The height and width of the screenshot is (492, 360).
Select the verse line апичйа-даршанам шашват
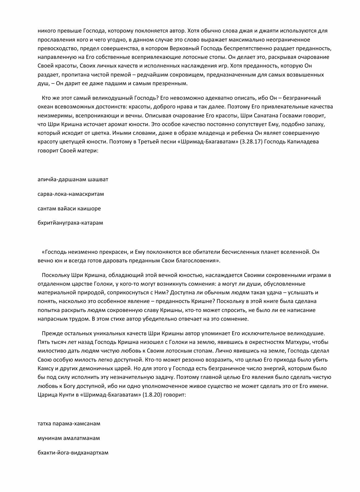(73, 179)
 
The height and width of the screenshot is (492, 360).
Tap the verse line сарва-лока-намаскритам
(71, 194)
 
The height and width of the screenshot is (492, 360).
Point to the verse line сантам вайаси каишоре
(69, 209)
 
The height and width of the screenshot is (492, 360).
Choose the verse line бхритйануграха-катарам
(70, 223)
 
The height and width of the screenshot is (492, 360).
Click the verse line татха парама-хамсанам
(69, 423)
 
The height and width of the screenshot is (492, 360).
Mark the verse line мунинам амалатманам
(68, 438)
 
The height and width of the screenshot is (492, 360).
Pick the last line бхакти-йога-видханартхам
(73, 453)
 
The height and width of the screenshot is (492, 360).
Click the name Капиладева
(303, 142)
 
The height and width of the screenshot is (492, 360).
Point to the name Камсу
(46, 368)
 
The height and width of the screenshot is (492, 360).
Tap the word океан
(45, 107)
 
